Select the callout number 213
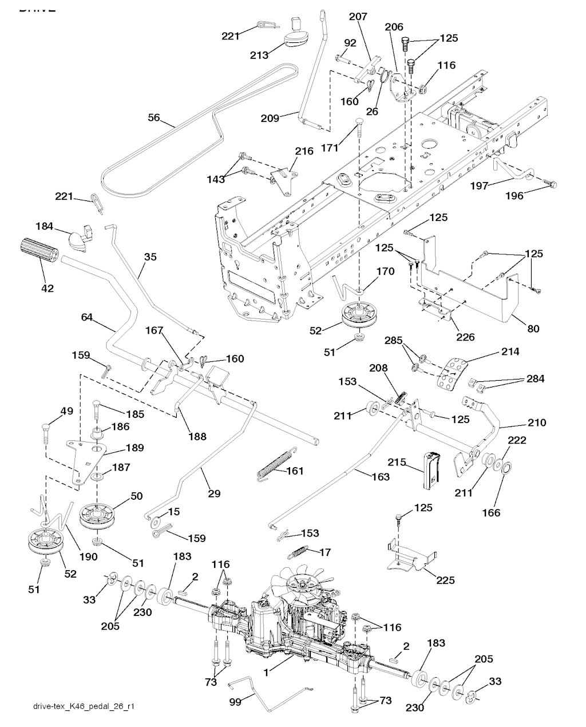coord(259,55)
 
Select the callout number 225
coord(445,580)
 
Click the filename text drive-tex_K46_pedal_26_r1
coord(84,706)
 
